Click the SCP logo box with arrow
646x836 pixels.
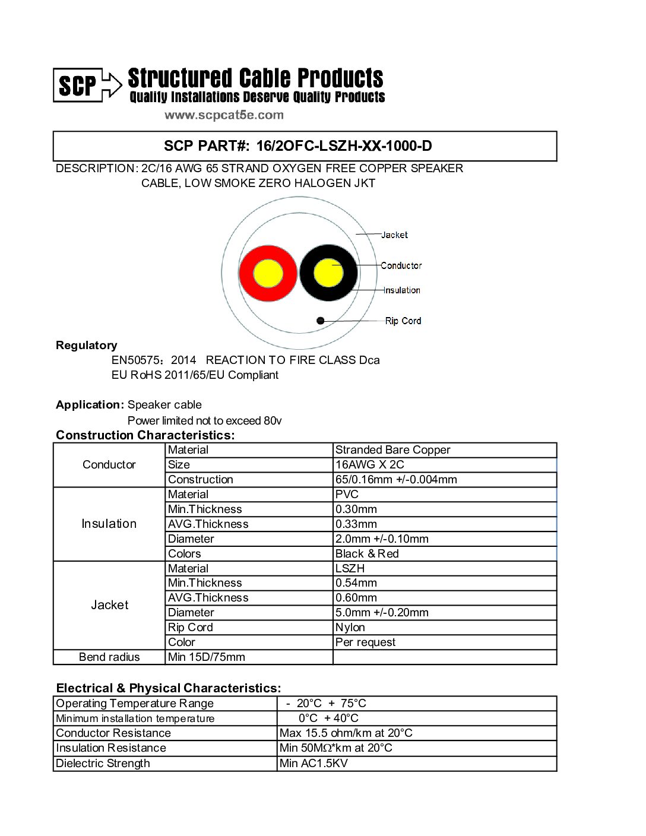(x=87, y=85)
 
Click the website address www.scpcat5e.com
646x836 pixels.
(x=224, y=115)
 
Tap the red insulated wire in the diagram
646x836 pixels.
(x=268, y=273)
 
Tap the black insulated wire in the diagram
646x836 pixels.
(x=328, y=273)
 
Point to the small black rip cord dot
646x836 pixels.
(x=321, y=321)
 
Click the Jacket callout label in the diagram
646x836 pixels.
(x=394, y=235)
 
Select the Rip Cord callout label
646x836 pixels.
(x=403, y=321)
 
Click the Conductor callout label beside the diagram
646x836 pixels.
(x=401, y=265)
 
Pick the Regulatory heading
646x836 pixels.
(x=87, y=346)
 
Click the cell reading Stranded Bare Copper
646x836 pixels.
(x=392, y=450)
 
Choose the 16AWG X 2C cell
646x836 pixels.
(x=369, y=465)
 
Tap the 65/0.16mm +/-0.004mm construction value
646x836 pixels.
(x=396, y=480)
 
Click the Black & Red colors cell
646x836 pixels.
(x=367, y=554)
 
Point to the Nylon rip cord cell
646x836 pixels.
(x=350, y=628)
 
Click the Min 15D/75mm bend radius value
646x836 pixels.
(x=207, y=657)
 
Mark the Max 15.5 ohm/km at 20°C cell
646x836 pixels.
(x=346, y=733)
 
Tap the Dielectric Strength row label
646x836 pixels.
(x=103, y=764)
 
